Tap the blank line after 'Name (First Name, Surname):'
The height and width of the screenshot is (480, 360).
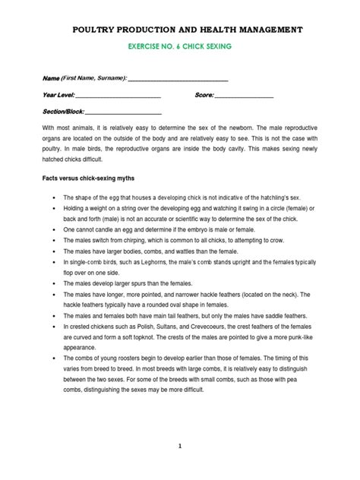178,79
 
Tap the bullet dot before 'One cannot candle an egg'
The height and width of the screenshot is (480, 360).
55,228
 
